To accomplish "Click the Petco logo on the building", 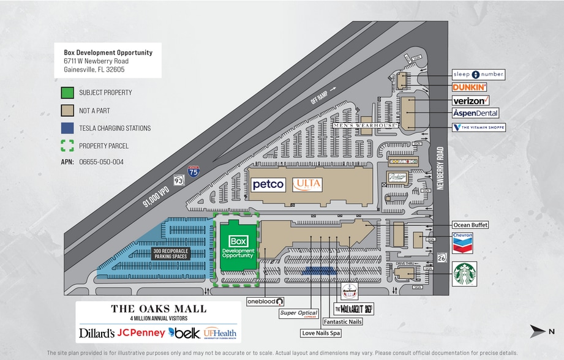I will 268,184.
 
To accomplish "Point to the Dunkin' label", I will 470,88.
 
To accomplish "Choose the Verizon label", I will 470,100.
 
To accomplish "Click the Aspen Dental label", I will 475,113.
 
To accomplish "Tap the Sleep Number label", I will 478,74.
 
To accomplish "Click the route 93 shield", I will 178,181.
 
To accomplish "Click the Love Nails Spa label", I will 320,334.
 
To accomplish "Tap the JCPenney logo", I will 141,333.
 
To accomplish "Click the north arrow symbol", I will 537,331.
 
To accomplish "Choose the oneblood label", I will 265,301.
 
